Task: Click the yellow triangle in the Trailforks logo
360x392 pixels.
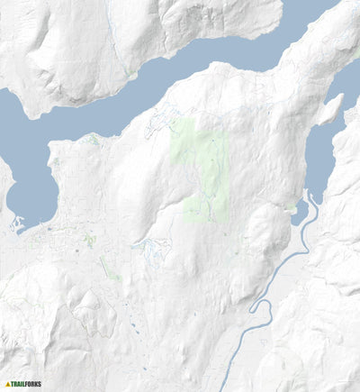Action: pyautogui.click(x=8, y=383)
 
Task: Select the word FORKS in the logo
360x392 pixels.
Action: pyautogui.click(x=33, y=383)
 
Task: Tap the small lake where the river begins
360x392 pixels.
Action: pyautogui.click(x=300, y=212)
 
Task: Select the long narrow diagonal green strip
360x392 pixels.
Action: pyautogui.click(x=111, y=269)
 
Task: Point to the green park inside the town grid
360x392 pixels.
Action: pyautogui.click(x=89, y=241)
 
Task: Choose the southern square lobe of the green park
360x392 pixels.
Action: pyautogui.click(x=205, y=208)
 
